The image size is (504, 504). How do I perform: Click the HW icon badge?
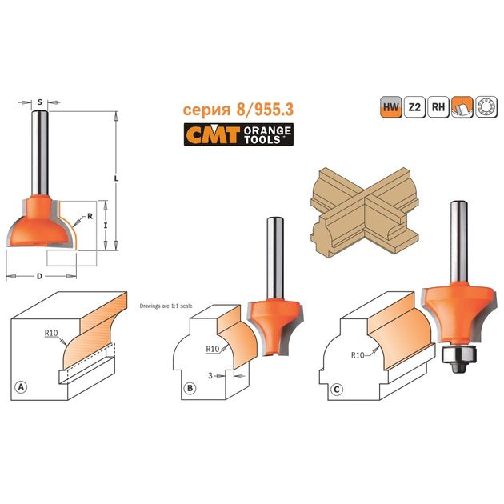coord(391,106)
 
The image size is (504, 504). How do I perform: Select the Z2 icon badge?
coord(414,106)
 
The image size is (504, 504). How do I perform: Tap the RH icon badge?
coord(438,106)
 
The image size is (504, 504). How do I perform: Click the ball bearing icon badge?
coord(486,106)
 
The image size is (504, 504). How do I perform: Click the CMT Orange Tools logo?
coord(238,134)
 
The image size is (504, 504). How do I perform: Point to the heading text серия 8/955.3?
coord(238,110)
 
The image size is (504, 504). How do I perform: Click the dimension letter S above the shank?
coord(39,102)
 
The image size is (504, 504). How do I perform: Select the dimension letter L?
coord(116,178)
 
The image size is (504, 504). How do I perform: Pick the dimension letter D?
coord(39,276)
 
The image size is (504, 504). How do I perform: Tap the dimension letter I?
coord(106,226)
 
